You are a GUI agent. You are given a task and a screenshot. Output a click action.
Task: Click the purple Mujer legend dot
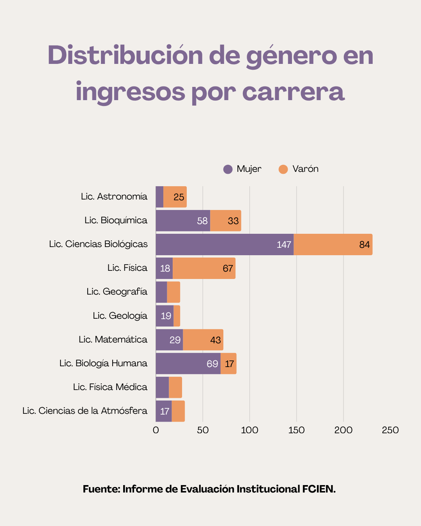tap(228, 169)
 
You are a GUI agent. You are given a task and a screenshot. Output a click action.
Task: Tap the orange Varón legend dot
tap(283, 169)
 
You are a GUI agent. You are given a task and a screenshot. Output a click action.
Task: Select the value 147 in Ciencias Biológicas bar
tap(284, 245)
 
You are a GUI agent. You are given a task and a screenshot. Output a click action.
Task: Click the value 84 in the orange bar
tap(364, 245)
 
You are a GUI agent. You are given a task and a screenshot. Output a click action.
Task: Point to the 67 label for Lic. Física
tap(228, 268)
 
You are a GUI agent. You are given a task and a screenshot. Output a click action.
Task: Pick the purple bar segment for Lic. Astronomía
tap(159, 197)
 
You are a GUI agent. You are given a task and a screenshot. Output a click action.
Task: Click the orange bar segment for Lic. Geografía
tap(173, 292)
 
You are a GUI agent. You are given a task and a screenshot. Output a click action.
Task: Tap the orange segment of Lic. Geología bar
tap(177, 316)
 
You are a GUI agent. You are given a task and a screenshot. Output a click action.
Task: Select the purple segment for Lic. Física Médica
tap(162, 387)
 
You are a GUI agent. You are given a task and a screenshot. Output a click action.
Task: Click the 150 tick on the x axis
tap(296, 430)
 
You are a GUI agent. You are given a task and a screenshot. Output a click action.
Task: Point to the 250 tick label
tap(390, 430)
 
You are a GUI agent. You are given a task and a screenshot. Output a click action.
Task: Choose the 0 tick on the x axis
tap(156, 430)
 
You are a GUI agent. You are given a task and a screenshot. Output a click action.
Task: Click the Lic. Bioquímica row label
tap(116, 220)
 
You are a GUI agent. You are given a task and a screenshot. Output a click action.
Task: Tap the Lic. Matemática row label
tap(113, 339)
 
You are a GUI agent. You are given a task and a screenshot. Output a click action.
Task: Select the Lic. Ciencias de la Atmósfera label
tap(85, 411)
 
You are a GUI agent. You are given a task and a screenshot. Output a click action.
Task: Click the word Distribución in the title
tap(125, 55)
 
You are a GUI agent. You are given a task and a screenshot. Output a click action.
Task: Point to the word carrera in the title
tap(293, 92)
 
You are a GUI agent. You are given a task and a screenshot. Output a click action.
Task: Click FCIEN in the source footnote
tap(319, 489)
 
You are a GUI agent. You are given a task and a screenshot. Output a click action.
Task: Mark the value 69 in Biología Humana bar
tap(212, 364)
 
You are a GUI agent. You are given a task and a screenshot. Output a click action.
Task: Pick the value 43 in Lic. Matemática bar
tap(216, 340)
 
